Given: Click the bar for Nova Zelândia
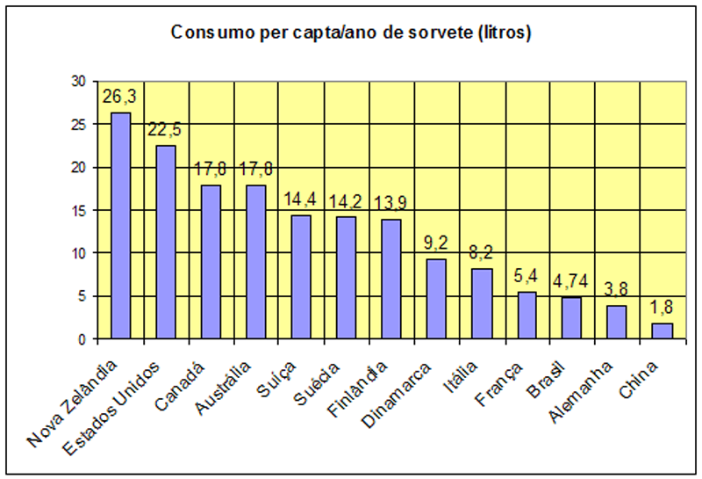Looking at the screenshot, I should point(121,226).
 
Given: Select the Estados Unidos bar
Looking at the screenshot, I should point(166,243).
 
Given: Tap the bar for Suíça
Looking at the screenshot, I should point(301,277).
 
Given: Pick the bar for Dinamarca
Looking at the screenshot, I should point(436,299).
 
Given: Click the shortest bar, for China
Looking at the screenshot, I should point(662,331).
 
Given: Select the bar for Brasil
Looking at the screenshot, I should point(571,318).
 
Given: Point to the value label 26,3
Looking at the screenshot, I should point(118,96).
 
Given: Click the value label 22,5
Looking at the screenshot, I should point(165,129).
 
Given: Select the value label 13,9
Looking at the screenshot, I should point(390,204).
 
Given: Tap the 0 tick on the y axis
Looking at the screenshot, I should point(82,339).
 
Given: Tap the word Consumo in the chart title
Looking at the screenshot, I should point(207,33).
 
